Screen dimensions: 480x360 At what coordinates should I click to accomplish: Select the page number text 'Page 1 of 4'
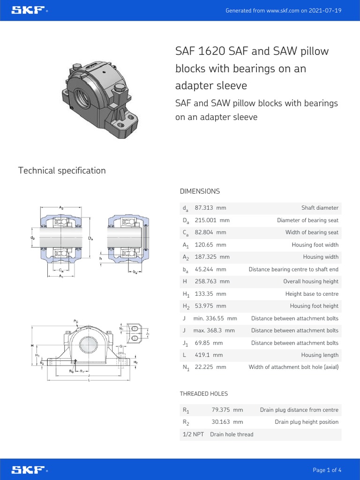327,470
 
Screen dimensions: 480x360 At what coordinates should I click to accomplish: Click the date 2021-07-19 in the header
325,10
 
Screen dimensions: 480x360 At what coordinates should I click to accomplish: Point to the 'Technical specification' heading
62,171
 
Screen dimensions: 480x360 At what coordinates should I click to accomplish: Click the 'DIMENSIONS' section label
200,191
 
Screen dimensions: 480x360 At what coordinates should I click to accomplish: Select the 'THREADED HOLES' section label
204,394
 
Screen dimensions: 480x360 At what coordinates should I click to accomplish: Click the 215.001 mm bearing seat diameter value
212,220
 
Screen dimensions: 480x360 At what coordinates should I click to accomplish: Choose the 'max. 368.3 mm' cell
214,330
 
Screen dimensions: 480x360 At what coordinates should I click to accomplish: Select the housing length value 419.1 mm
209,355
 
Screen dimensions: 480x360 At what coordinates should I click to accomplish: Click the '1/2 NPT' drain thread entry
193,435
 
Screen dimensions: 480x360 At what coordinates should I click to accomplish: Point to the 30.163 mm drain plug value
227,422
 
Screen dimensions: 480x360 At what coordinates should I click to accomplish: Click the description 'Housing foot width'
315,245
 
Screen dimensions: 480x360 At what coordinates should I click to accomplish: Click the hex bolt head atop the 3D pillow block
119,88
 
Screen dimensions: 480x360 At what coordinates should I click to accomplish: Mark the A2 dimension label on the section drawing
62,207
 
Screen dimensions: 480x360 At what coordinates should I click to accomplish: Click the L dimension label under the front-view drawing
89,380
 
